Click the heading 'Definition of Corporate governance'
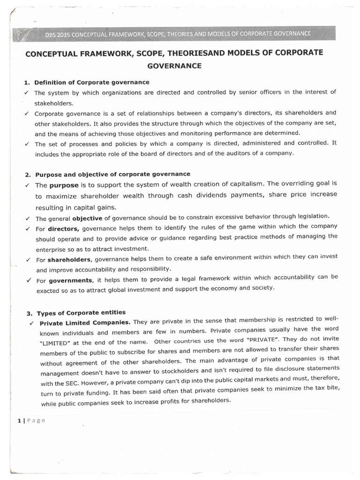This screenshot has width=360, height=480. coord(92,82)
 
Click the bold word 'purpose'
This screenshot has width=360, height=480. coord(64,185)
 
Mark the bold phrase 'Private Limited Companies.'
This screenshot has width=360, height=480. coord(85,322)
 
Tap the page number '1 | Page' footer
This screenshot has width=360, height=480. coord(31,420)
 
